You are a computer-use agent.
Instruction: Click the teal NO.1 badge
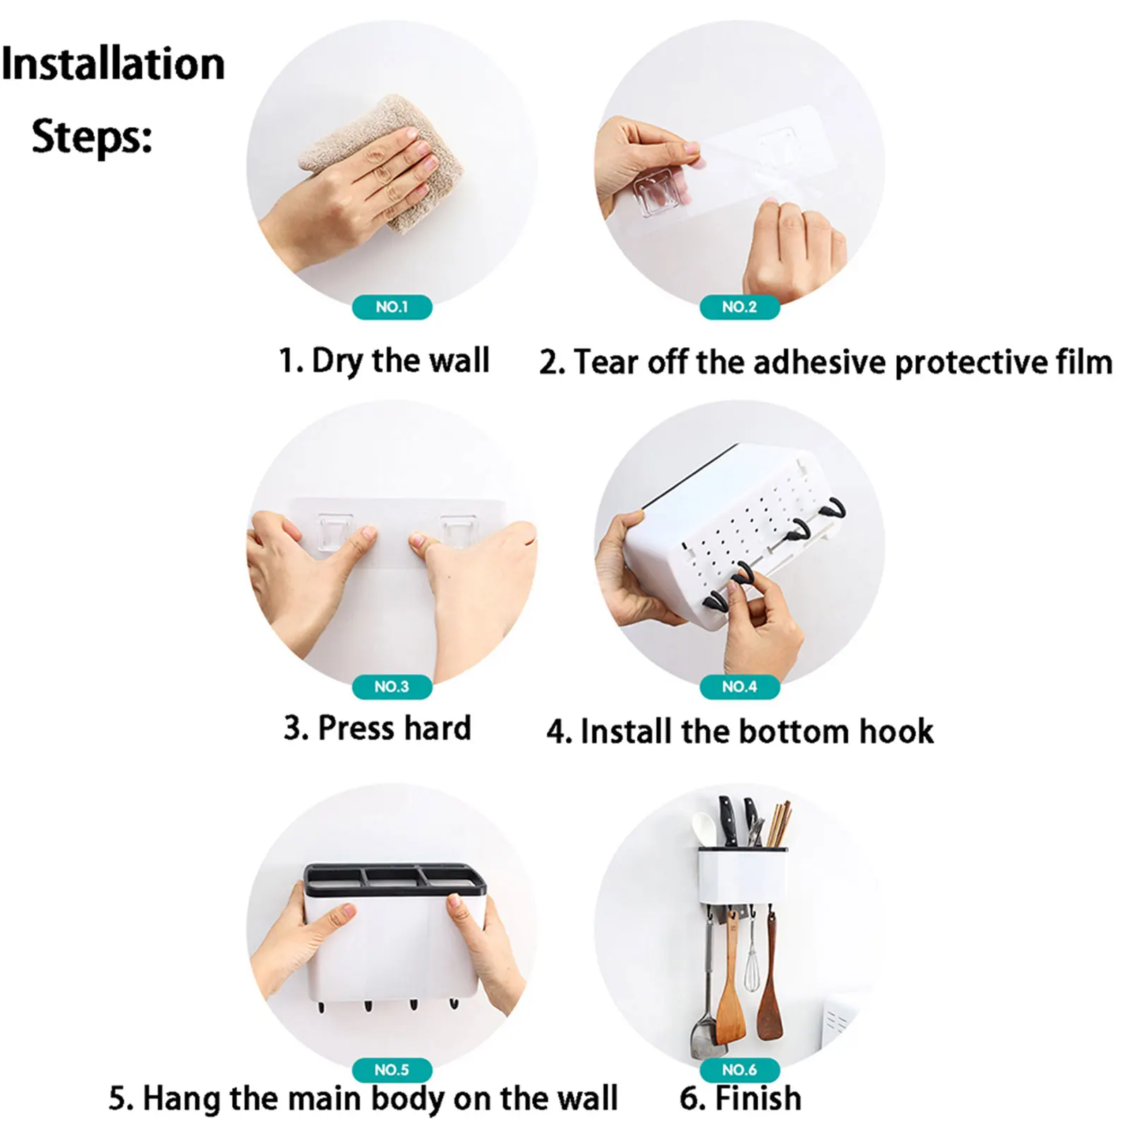coord(392,307)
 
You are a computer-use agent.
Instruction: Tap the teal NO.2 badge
coord(739,307)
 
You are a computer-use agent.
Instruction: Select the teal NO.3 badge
coord(392,687)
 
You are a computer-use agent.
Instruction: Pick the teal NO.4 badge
coord(739,687)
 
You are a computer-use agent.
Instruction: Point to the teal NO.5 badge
coord(392,1070)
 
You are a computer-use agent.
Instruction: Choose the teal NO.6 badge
coord(739,1070)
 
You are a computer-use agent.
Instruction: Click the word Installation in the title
coord(113,64)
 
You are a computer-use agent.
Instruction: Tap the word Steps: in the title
coord(92,136)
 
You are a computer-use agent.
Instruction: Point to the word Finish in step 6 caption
coord(759,1099)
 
